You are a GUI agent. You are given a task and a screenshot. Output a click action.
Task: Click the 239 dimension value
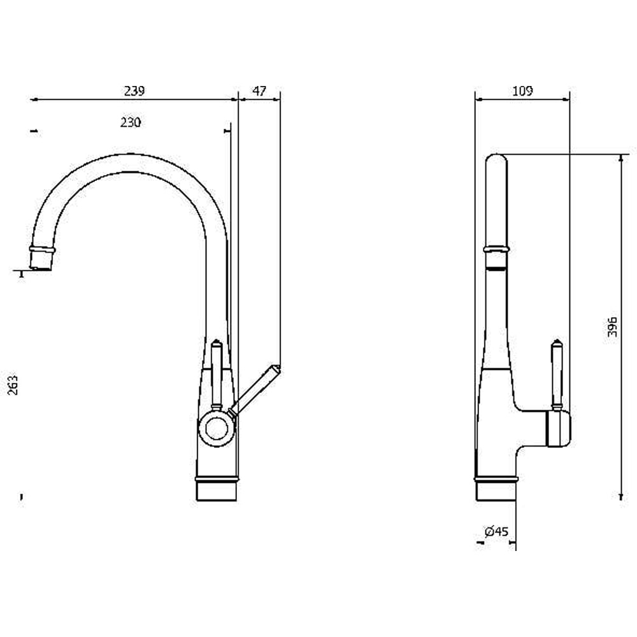coord(134,90)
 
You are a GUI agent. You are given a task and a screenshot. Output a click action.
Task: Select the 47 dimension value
coord(259,90)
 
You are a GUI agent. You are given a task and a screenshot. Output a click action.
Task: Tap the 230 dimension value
coord(131,122)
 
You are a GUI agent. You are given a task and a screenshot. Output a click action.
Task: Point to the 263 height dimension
coord(13,385)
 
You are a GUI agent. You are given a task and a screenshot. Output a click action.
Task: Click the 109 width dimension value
coord(522,90)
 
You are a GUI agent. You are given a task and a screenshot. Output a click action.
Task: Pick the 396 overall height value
coord(612,327)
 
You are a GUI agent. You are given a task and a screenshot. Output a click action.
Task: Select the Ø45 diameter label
coord(496,531)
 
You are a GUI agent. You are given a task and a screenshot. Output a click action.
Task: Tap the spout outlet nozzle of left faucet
coord(41,259)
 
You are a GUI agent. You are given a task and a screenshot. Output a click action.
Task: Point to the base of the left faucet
coord(217,489)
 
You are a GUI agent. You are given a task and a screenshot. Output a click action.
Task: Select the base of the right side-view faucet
coord(496,489)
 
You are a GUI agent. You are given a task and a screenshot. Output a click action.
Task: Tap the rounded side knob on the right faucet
coord(560,428)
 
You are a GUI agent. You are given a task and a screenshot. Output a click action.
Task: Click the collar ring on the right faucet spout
coord(496,249)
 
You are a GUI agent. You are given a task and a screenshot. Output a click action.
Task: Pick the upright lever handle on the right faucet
coord(557,374)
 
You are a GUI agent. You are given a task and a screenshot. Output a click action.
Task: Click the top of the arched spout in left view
coord(129,154)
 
